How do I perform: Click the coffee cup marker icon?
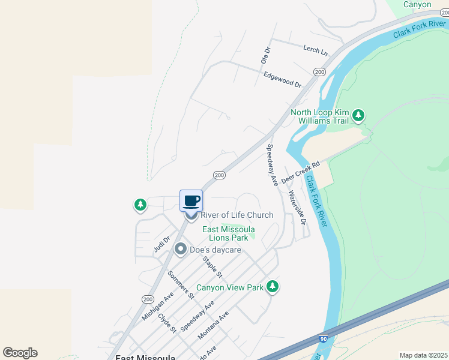(191, 200)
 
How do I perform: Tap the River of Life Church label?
(237, 215)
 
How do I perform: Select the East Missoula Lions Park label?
(228, 234)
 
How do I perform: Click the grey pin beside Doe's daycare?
(179, 249)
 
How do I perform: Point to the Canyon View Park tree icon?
(273, 287)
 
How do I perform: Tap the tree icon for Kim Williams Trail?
(358, 115)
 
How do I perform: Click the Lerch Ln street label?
(316, 50)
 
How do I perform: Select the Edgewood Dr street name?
(282, 80)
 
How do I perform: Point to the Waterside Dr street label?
(297, 208)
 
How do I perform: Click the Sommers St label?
(181, 284)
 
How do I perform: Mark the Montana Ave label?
(213, 325)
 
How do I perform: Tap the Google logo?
(20, 353)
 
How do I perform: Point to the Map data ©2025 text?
(423, 355)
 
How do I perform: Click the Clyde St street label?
(167, 322)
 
